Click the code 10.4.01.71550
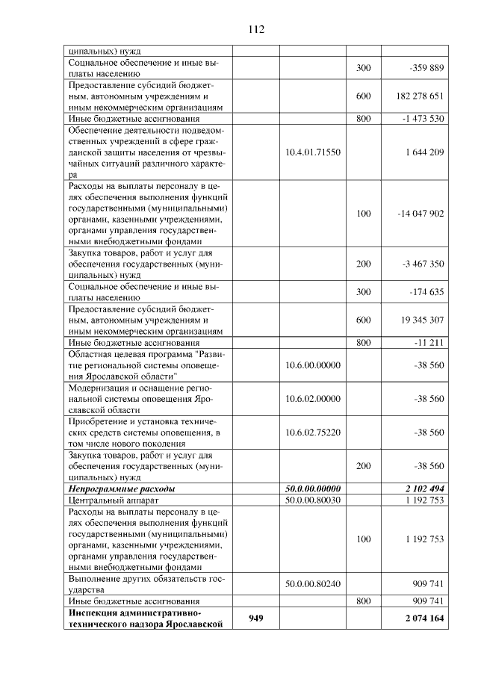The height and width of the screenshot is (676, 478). tap(313, 152)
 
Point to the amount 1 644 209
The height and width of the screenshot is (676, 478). tap(425, 152)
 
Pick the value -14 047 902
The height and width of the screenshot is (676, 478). tap(420, 213)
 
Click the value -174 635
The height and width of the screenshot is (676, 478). tap(426, 291)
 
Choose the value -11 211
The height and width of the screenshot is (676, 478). tap(429, 342)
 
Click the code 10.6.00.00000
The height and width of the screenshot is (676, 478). tap(313, 365)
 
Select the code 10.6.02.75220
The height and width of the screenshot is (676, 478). tap(313, 432)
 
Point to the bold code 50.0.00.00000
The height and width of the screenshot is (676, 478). tap(313, 488)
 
